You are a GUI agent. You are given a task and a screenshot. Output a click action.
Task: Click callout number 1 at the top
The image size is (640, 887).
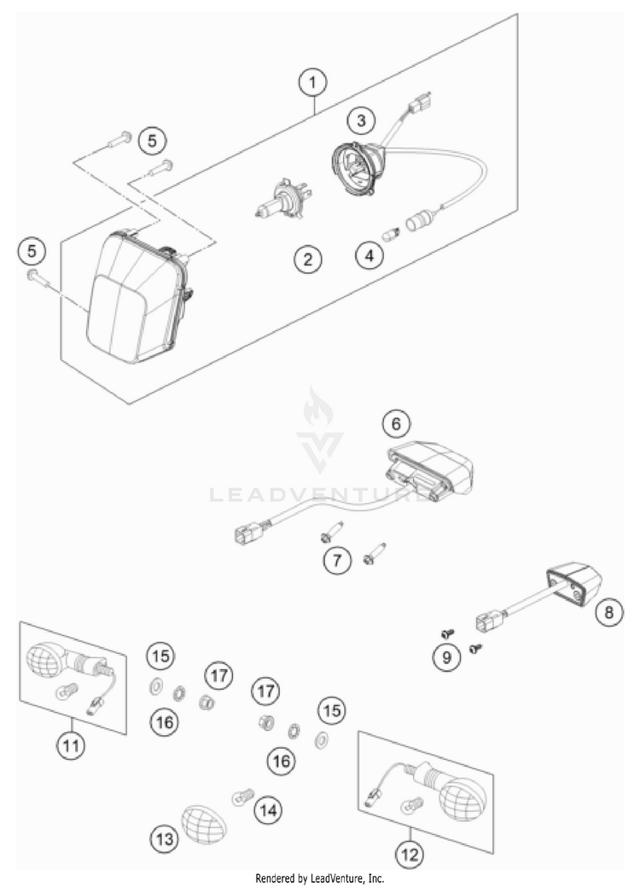pos(313,83)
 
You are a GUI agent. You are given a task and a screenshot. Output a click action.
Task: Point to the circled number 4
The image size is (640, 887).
pos(369,255)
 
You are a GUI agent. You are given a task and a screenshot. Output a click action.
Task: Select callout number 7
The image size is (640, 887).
pos(337,561)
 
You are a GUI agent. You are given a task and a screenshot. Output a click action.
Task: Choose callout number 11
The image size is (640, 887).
pos(73,745)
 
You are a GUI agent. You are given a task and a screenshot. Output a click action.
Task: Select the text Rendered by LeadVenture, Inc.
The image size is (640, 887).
pos(320,878)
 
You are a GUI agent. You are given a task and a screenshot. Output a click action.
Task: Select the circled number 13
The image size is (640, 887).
pos(165,840)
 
